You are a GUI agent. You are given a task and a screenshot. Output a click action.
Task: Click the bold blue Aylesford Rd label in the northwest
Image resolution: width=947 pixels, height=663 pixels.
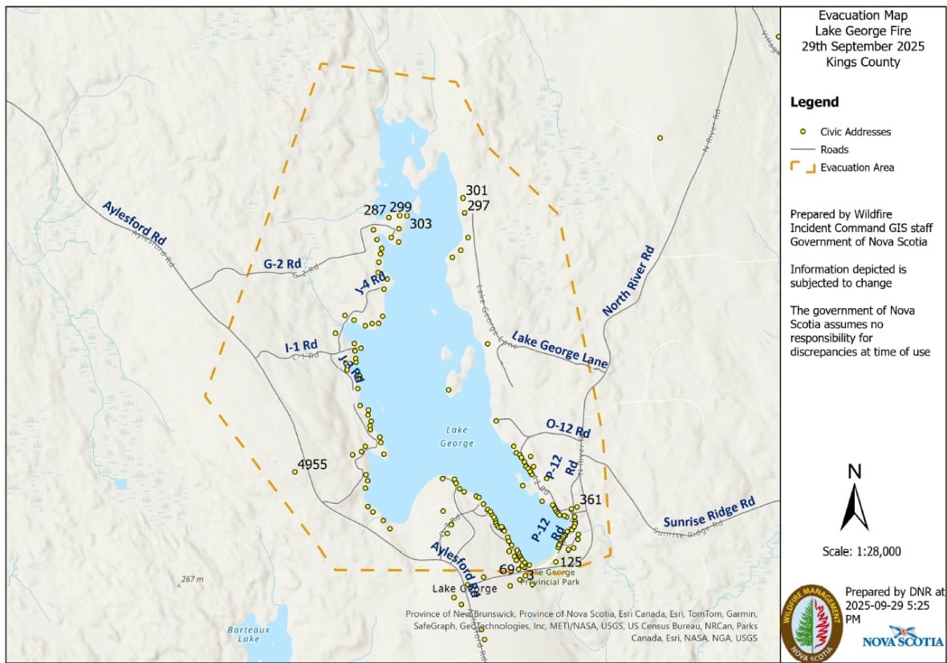point(134,222)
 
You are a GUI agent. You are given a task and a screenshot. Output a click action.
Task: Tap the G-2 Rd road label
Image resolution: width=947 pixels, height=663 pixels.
point(282,262)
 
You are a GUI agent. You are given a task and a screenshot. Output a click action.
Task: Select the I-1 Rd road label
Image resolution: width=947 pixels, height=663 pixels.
point(301,346)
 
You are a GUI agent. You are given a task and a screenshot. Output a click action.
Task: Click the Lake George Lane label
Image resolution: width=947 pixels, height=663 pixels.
point(559,351)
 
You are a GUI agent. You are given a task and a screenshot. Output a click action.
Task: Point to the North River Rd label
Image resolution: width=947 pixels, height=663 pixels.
point(629,282)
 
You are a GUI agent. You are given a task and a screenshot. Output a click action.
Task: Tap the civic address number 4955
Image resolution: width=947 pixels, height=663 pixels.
point(312,465)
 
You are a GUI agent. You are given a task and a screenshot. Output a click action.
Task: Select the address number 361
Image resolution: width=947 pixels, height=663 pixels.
point(590,499)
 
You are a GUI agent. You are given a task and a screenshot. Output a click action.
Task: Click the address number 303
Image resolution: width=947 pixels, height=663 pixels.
point(421,224)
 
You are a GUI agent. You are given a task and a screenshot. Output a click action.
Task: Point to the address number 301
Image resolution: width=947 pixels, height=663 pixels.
point(477,190)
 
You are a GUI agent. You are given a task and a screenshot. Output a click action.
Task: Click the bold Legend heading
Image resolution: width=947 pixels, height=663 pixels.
point(815,102)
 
